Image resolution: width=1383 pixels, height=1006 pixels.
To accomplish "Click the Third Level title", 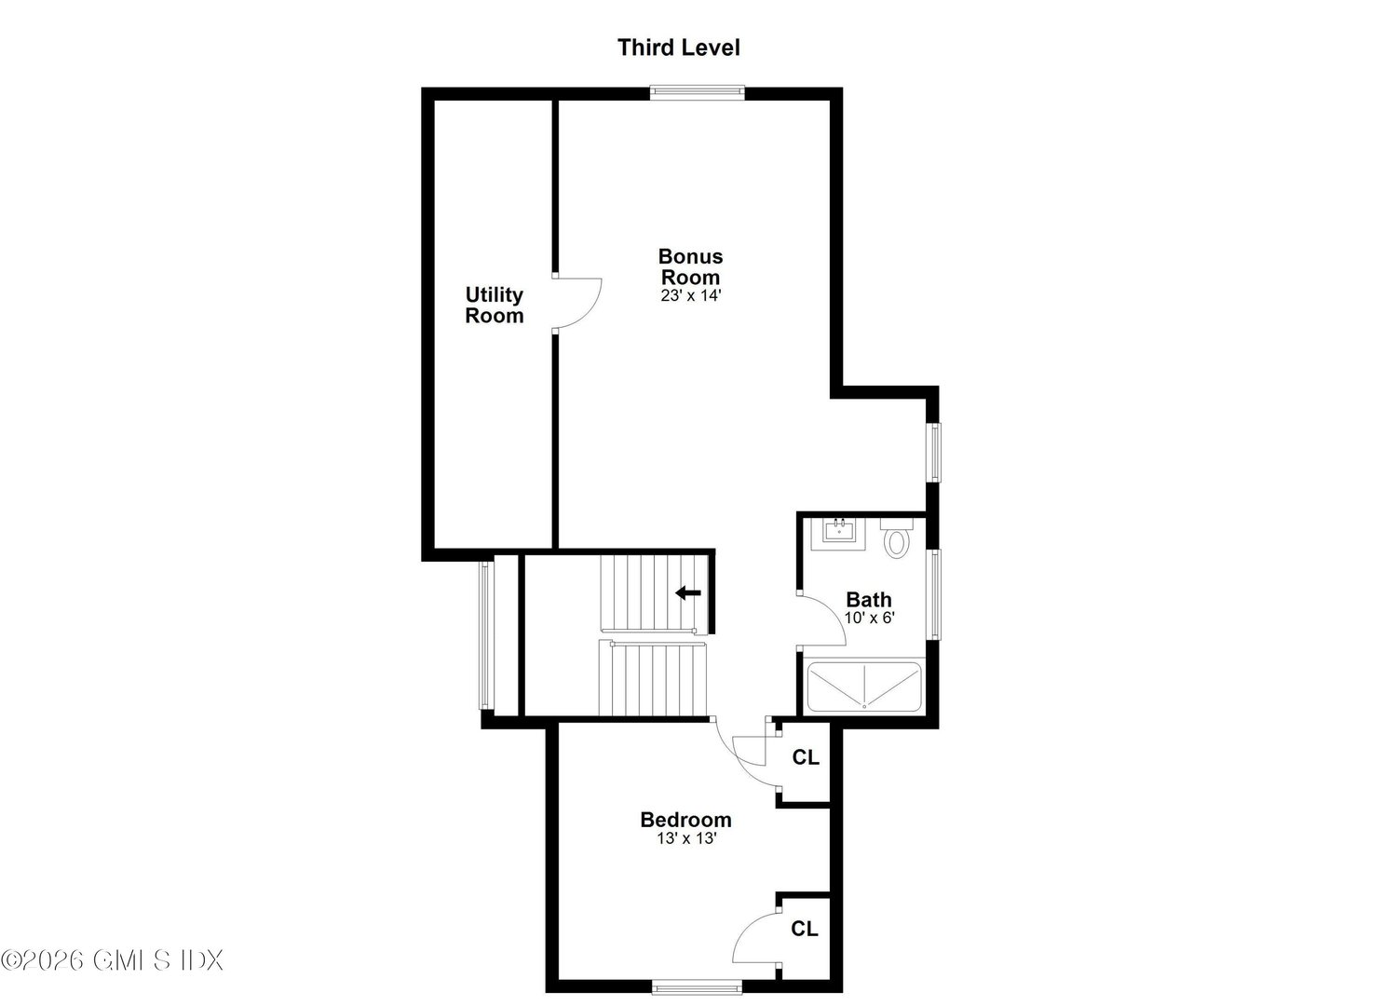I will point(678,48).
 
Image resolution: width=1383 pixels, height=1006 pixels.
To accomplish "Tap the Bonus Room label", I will point(690,266).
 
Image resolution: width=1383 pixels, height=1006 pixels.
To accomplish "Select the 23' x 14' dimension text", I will point(690,295).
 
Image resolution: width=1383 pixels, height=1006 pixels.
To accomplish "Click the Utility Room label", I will point(495,306).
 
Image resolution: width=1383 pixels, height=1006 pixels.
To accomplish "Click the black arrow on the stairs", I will point(688,592).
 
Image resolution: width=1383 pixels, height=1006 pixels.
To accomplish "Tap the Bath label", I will point(868,600).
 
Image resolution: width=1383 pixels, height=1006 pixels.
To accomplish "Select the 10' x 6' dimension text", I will point(869,618).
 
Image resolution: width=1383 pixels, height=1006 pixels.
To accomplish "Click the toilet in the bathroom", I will point(897,538).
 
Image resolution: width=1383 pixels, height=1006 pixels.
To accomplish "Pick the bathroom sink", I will point(839,532).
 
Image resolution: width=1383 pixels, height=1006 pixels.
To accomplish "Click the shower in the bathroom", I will point(863,687).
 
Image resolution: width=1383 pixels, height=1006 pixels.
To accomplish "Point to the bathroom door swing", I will point(822,618).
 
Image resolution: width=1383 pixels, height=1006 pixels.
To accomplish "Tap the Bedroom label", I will point(685,820).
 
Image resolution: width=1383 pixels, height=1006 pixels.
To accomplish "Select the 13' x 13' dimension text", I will point(685,838).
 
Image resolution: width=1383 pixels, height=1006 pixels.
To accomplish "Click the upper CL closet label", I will point(806,757).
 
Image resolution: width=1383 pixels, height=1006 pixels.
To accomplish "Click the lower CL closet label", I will point(805,929).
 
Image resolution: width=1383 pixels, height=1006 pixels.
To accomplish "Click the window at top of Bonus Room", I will point(698,91).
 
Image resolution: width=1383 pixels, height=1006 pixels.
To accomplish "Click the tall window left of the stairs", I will point(483,635).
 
